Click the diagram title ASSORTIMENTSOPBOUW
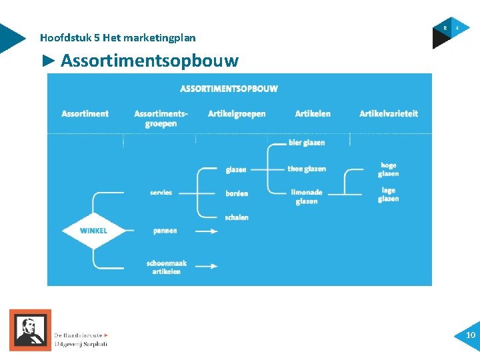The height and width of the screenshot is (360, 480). [229, 89]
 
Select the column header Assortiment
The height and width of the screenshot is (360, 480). [85, 114]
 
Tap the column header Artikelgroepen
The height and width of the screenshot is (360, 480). [237, 114]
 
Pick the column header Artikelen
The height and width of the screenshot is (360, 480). [313, 114]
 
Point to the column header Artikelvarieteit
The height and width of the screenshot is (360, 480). [389, 114]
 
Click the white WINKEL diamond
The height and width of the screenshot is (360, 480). [93, 231]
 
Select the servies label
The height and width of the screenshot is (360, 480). [161, 193]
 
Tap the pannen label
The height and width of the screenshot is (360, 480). [165, 231]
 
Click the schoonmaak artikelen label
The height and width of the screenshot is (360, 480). [167, 267]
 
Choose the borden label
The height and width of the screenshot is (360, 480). [237, 193]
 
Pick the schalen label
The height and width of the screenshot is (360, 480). [237, 217]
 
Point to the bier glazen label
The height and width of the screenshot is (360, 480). [307, 143]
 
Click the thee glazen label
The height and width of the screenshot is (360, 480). [307, 169]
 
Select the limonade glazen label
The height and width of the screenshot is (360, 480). [307, 197]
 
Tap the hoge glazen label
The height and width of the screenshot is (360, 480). [388, 169]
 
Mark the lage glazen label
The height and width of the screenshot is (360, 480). [388, 195]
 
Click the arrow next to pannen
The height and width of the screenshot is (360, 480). [206, 231]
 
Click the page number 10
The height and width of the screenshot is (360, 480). [471, 335]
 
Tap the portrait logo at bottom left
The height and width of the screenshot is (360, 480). [30, 329]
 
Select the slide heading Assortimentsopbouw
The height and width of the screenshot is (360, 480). [149, 61]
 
